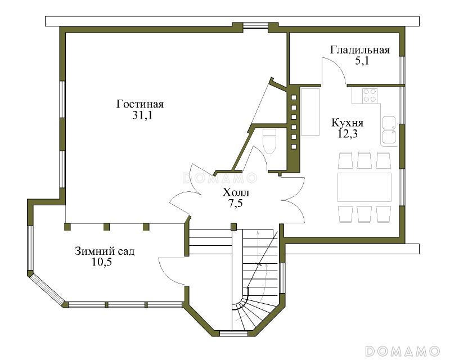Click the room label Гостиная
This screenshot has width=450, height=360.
pyautogui.click(x=139, y=104)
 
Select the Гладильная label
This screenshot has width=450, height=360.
pyautogui.click(x=360, y=50)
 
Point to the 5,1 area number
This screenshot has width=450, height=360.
pyautogui.click(x=362, y=61)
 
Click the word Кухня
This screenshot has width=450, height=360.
pyautogui.click(x=348, y=123)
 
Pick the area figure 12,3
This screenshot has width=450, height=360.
pyautogui.click(x=348, y=134)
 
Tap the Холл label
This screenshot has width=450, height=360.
pyautogui.click(x=236, y=192)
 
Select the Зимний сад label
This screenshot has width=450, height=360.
pyautogui.click(x=105, y=251)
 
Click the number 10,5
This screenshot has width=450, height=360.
pyautogui.click(x=102, y=262)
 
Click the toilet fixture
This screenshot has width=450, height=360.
pyautogui.click(x=269, y=141)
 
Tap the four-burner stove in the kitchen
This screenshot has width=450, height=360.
pyautogui.click(x=370, y=96)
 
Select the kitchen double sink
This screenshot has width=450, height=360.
pyautogui.click(x=389, y=130)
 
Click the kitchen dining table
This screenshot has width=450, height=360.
pyautogui.click(x=364, y=187)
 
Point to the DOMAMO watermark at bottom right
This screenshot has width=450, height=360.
pyautogui.click(x=403, y=351)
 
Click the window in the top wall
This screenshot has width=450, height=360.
pyautogui.click(x=256, y=26)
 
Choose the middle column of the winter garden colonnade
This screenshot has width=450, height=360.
pyautogui.click(x=106, y=227)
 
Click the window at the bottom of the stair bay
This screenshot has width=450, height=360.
pyautogui.click(x=233, y=334)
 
